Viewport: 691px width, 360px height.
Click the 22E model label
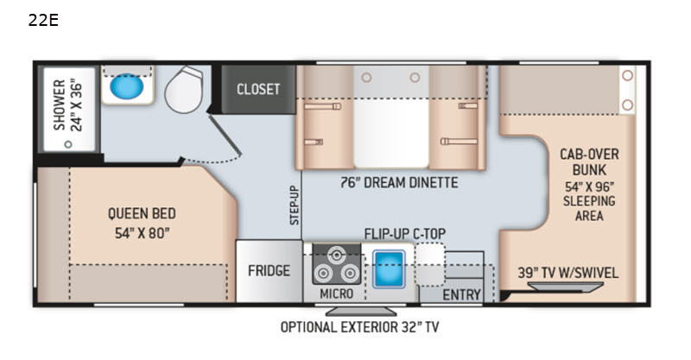(43, 20)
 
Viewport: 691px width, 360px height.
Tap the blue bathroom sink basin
(126, 86)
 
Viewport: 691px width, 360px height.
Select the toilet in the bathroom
(184, 90)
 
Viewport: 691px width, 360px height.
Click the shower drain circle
(68, 144)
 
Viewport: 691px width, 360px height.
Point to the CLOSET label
(258, 90)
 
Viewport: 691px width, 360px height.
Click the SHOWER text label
(59, 104)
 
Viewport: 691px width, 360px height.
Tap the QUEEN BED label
(142, 214)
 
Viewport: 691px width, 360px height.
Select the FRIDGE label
(269, 270)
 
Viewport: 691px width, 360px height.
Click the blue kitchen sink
(389, 268)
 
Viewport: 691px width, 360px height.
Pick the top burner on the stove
(337, 255)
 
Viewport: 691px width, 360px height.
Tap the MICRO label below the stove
(337, 294)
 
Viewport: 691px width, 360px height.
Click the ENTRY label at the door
(461, 294)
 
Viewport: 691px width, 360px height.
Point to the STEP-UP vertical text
(295, 205)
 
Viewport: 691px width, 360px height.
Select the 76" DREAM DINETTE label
(399, 182)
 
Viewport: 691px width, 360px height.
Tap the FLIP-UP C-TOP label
(405, 234)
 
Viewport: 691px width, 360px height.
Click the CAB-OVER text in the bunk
(589, 155)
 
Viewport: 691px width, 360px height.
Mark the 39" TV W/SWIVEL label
(568, 273)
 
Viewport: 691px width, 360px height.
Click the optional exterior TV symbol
(361, 312)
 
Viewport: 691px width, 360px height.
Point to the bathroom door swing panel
(225, 136)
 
